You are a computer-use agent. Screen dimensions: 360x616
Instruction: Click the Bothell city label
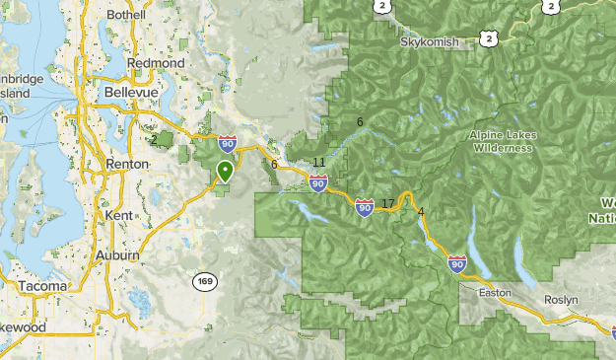coord(125,15)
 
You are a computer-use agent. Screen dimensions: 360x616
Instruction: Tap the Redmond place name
coord(156,63)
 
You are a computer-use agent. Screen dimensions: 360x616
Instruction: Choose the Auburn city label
coord(117,254)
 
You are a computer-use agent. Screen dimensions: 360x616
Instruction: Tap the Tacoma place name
coord(42,286)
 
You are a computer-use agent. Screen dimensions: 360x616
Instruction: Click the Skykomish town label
coord(429,44)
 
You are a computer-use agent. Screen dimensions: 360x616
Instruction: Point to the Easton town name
coord(495,293)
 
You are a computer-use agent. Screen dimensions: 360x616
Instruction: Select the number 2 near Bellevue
coord(154,139)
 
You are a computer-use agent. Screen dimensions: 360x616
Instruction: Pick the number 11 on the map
coord(318,162)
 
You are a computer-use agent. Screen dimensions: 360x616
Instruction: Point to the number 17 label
coord(387,204)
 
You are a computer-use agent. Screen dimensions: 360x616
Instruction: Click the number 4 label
coord(421,212)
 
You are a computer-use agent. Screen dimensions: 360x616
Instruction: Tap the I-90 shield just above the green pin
coord(228,144)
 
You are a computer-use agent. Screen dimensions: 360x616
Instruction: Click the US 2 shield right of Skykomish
coord(487,37)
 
